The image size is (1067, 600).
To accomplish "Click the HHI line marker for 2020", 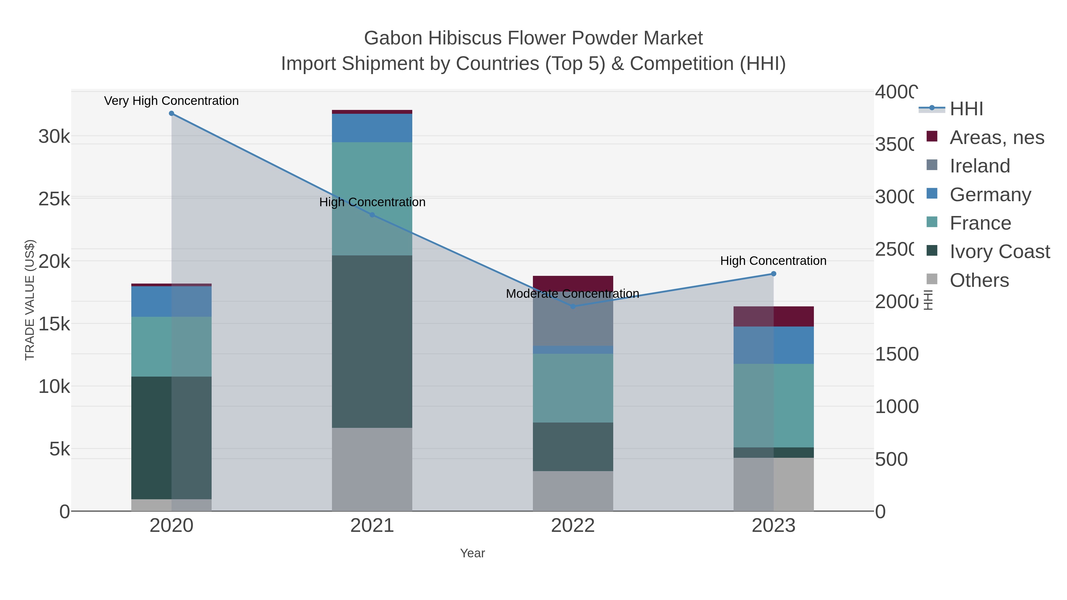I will click(172, 113).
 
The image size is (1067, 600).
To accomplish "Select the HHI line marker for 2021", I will click(372, 215).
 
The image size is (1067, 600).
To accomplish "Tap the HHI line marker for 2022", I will click(573, 306).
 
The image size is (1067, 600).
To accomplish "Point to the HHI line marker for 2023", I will click(773, 274).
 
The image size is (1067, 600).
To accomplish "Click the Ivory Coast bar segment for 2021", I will click(372, 342).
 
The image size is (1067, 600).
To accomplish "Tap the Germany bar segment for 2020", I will click(172, 301).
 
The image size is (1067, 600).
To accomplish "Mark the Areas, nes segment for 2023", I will click(773, 316).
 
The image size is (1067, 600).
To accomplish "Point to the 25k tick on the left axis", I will click(54, 199).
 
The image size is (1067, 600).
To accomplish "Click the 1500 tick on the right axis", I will click(896, 354).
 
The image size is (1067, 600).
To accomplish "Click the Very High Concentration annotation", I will click(172, 101).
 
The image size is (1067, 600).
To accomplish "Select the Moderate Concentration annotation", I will click(573, 294).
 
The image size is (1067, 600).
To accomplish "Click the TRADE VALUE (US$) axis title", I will click(30, 300).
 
